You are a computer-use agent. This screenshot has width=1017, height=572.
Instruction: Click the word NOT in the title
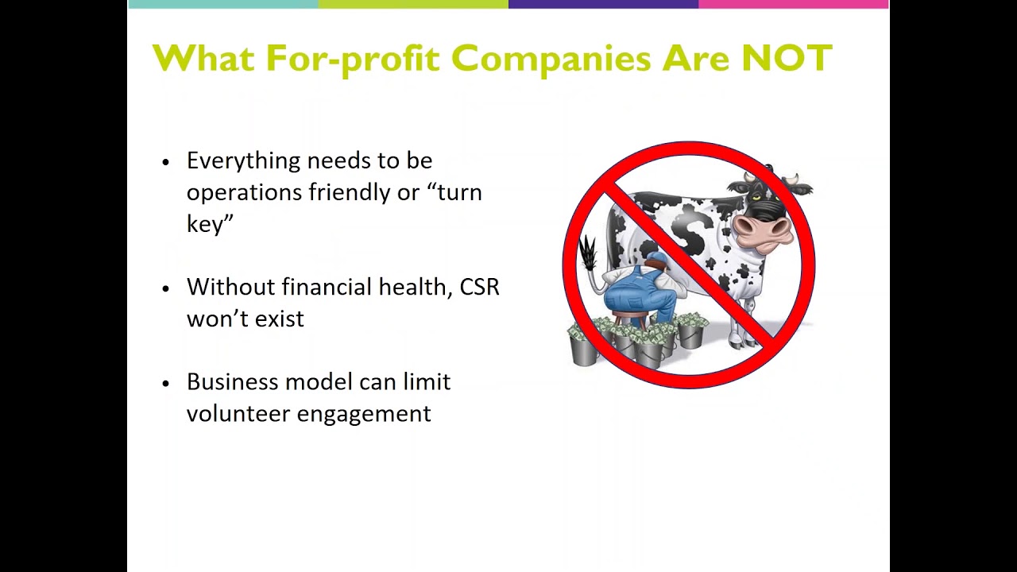(x=787, y=58)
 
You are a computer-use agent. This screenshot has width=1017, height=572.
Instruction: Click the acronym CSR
(x=479, y=287)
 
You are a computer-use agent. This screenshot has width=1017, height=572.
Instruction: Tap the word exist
(x=280, y=319)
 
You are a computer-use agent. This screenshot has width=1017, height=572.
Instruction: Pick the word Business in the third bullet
(x=233, y=382)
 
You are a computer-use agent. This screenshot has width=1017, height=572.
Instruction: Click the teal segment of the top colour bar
(x=222, y=4)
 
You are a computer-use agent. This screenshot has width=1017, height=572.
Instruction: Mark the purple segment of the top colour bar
(x=603, y=4)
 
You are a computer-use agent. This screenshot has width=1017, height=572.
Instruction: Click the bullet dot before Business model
(x=166, y=383)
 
